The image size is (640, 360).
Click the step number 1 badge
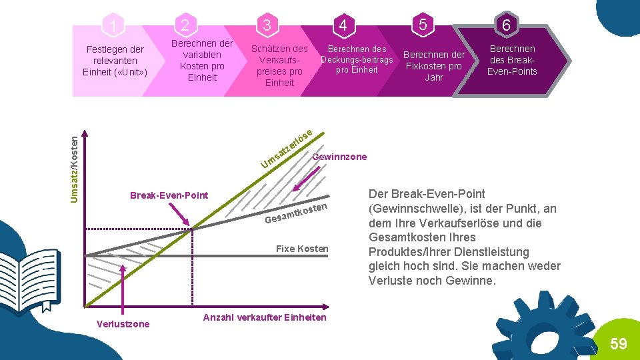[115, 26]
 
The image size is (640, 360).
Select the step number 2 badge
[185, 25]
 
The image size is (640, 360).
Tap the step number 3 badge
[267, 25]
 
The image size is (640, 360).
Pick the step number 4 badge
[343, 25]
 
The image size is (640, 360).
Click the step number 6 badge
[507, 25]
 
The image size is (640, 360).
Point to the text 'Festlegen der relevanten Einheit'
[115, 61]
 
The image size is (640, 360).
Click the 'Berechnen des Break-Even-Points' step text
[512, 60]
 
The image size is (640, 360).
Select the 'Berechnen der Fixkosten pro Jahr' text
[434, 66]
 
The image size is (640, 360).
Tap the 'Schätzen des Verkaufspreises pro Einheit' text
[279, 65]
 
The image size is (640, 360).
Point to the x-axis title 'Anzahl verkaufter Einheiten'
[265, 317]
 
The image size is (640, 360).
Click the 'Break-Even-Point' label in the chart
[169, 195]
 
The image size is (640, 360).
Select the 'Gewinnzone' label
[339, 157]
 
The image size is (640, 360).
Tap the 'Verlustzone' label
[123, 324]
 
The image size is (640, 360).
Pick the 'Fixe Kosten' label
[302, 249]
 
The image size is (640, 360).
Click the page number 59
[619, 344]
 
